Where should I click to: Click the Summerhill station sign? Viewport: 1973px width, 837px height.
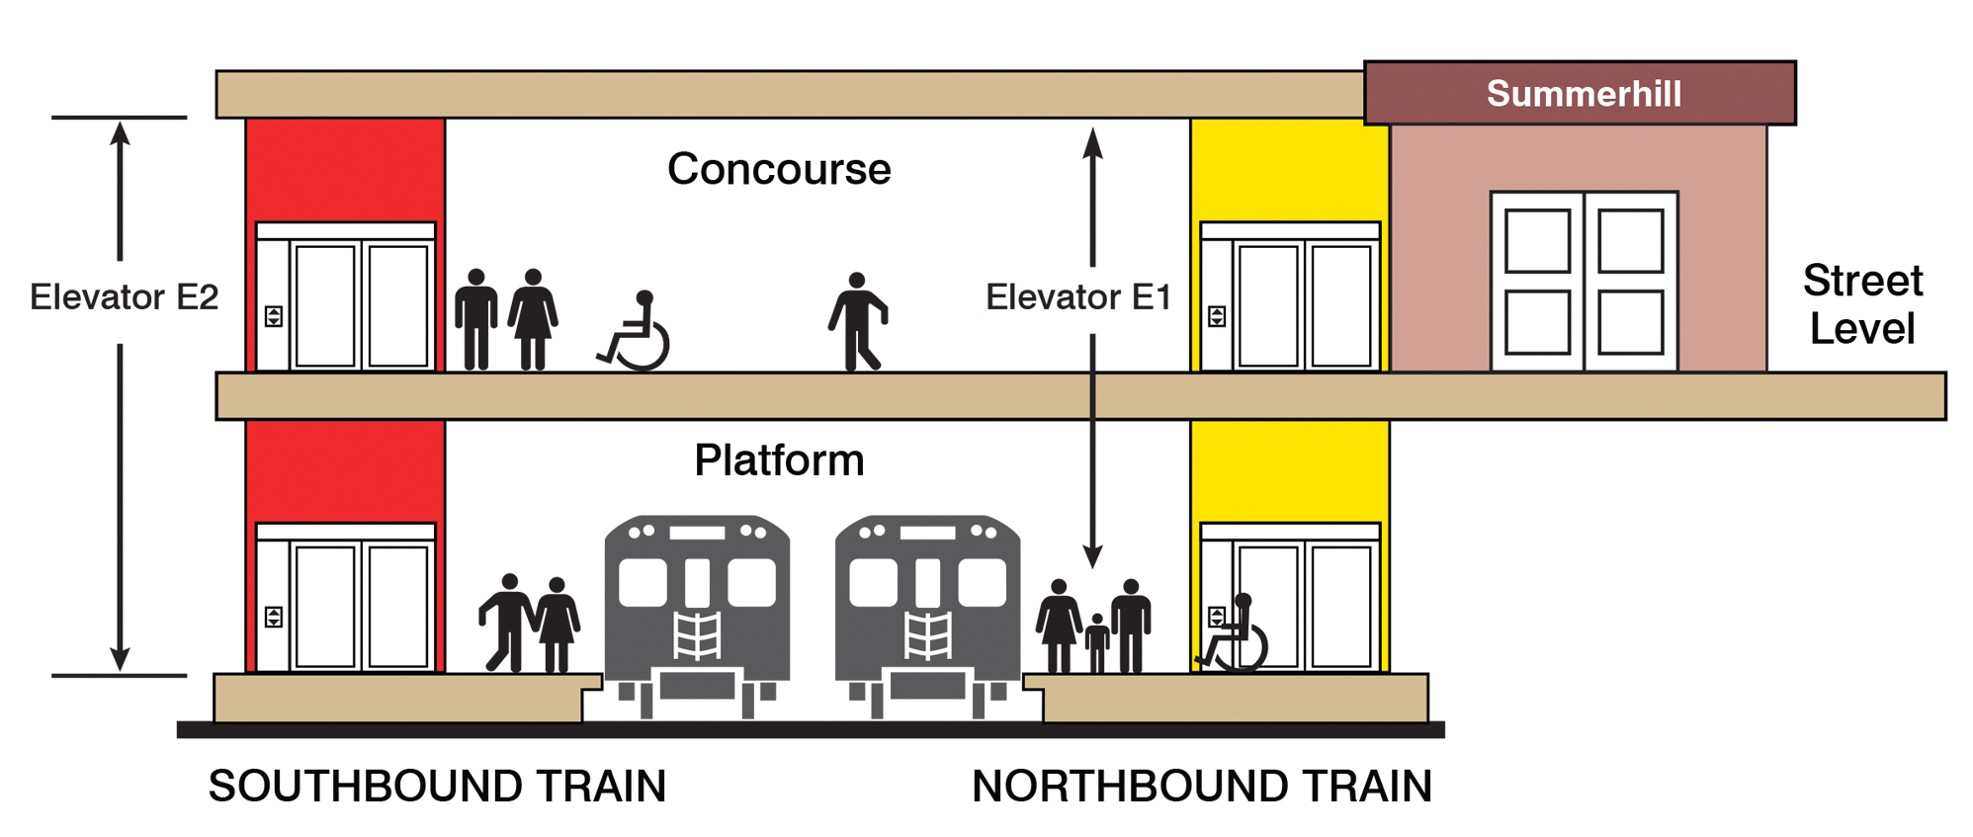click(1582, 94)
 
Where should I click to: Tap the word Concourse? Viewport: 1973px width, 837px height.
click(779, 169)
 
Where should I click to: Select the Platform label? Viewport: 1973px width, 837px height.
click(779, 460)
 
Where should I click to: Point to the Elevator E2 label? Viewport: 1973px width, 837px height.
click(124, 296)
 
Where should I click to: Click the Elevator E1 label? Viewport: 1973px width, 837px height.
click(1077, 296)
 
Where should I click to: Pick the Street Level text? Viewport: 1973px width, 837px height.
click(1862, 304)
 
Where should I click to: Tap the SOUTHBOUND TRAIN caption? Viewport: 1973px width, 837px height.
click(437, 787)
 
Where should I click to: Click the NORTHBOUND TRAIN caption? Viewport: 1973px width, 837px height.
click(1202, 787)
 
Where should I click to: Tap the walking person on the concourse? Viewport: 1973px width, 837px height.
click(857, 322)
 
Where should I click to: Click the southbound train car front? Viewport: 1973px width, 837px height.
click(697, 613)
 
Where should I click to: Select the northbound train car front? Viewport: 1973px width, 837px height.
click(927, 613)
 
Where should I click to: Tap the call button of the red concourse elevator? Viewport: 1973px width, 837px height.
click(274, 316)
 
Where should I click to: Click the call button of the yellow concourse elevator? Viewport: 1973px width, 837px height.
click(1217, 316)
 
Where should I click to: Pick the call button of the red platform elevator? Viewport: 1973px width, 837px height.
click(274, 617)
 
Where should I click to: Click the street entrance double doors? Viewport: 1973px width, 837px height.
click(1584, 282)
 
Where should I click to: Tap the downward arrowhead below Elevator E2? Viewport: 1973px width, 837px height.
click(120, 658)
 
